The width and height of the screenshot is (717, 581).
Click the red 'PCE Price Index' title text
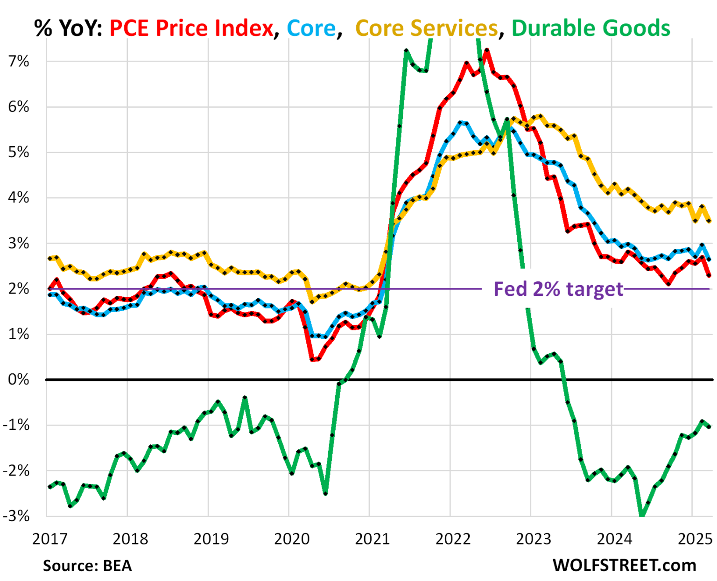point(191,28)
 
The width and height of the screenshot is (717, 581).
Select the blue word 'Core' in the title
point(311,28)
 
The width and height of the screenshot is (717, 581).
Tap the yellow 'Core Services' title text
point(427,28)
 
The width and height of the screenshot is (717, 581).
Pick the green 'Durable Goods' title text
point(590,28)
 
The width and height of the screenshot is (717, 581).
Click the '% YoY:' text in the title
point(68,28)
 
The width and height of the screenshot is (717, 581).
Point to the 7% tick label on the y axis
point(19,61)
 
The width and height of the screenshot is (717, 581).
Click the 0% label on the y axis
point(19,379)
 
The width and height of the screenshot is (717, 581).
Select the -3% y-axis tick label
point(17,516)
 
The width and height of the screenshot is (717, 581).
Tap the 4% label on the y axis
point(19,197)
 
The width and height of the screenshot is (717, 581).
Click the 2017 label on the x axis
point(50,539)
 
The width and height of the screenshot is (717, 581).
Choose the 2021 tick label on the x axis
point(372,539)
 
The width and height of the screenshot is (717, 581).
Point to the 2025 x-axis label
point(695,539)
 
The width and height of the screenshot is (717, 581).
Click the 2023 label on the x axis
point(534,539)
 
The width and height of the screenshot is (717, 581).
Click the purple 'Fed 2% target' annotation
point(558,289)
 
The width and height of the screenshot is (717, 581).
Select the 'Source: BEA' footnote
point(87,566)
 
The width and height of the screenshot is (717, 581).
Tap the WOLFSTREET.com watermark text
point(624,565)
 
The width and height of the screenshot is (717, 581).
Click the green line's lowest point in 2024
point(642,516)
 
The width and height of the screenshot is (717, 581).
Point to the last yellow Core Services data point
point(709,221)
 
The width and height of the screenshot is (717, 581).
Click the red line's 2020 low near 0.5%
point(312,359)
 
